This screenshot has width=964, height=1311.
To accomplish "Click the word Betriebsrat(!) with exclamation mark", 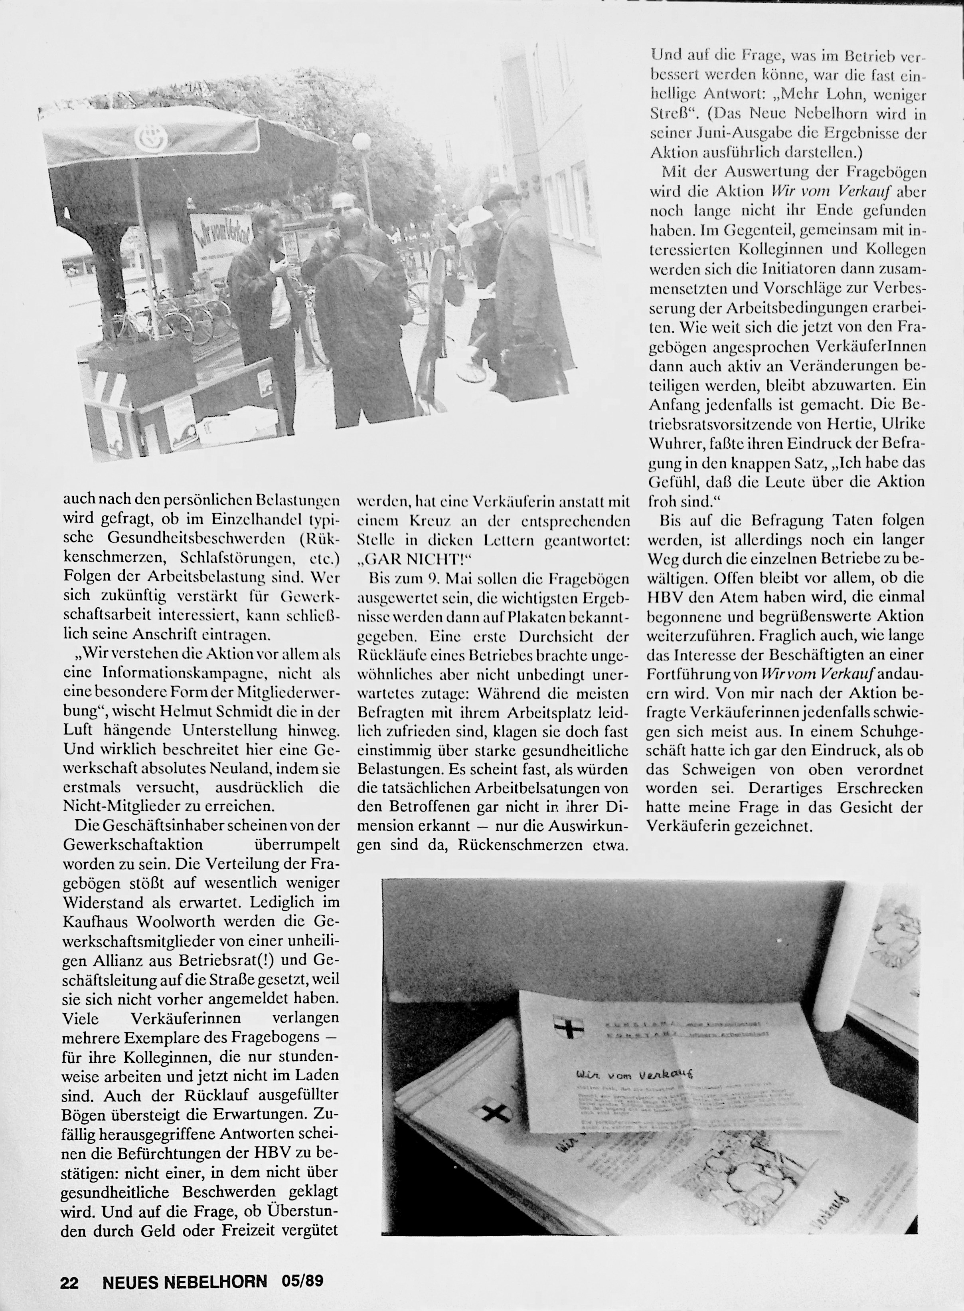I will (239, 960).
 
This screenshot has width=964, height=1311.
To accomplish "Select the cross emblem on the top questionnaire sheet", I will (565, 1026).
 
